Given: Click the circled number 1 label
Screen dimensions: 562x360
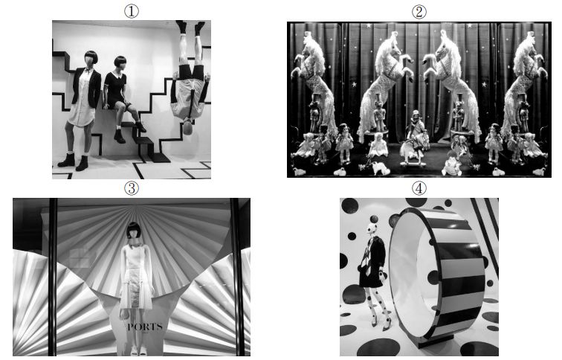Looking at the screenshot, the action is click(x=131, y=11).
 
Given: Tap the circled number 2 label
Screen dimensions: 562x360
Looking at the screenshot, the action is click(x=419, y=12).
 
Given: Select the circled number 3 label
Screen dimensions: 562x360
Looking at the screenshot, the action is click(x=131, y=188).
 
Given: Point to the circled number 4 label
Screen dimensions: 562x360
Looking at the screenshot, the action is click(x=419, y=188).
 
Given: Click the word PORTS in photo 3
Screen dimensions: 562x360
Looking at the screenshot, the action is click(x=145, y=327).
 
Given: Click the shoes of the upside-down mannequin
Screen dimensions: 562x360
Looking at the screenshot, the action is click(x=190, y=28).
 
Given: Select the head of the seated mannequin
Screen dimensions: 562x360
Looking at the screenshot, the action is click(x=120, y=63).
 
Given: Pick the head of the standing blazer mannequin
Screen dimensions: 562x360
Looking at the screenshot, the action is click(x=91, y=59).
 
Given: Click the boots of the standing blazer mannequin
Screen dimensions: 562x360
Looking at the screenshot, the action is click(x=74, y=161).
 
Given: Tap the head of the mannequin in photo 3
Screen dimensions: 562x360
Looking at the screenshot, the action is click(x=133, y=231).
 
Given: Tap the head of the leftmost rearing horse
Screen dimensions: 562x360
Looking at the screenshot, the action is click(x=309, y=37).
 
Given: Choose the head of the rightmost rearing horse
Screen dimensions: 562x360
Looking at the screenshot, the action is click(x=529, y=37).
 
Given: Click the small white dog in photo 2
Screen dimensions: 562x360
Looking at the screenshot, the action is click(x=380, y=168).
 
